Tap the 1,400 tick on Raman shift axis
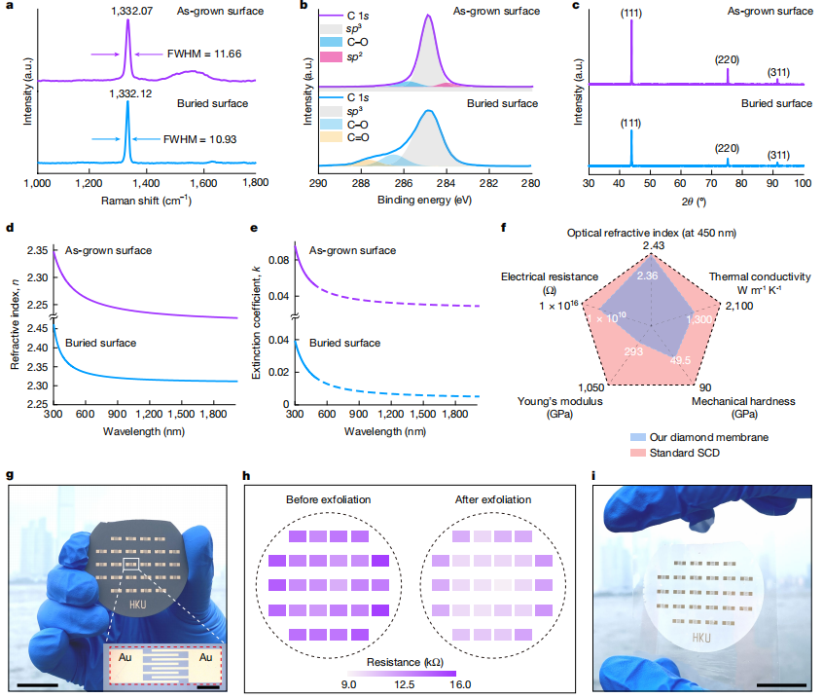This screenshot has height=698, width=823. pyautogui.click(x=146, y=182)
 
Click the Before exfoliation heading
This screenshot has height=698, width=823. pyautogui.click(x=329, y=499)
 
